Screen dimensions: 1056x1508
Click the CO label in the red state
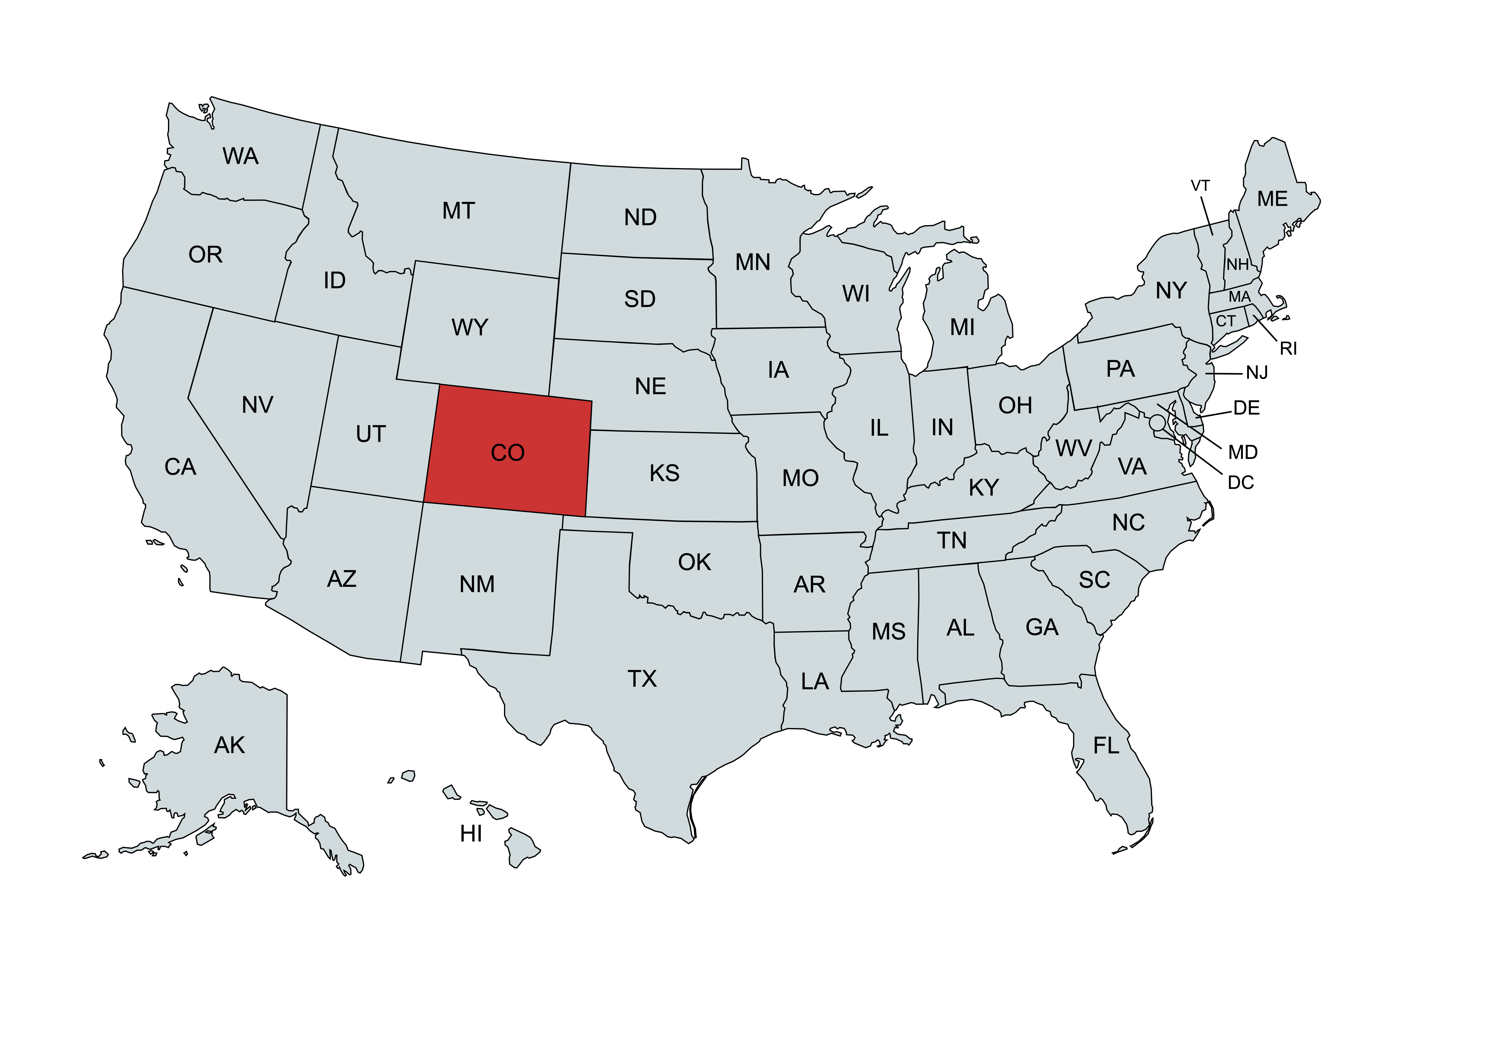coord(508,453)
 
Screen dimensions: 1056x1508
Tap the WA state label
coord(240,156)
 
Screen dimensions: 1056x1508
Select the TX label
coord(642,678)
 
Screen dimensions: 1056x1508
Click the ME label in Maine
coord(1272,199)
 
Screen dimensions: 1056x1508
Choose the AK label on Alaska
coord(229,745)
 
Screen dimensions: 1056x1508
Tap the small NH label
coord(1237,264)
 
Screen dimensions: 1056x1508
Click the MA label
coord(1239,297)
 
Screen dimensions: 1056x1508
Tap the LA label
coord(814,682)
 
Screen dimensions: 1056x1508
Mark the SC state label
coord(1094,580)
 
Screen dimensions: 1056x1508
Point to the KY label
coord(983,488)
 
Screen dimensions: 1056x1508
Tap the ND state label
coord(640,218)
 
